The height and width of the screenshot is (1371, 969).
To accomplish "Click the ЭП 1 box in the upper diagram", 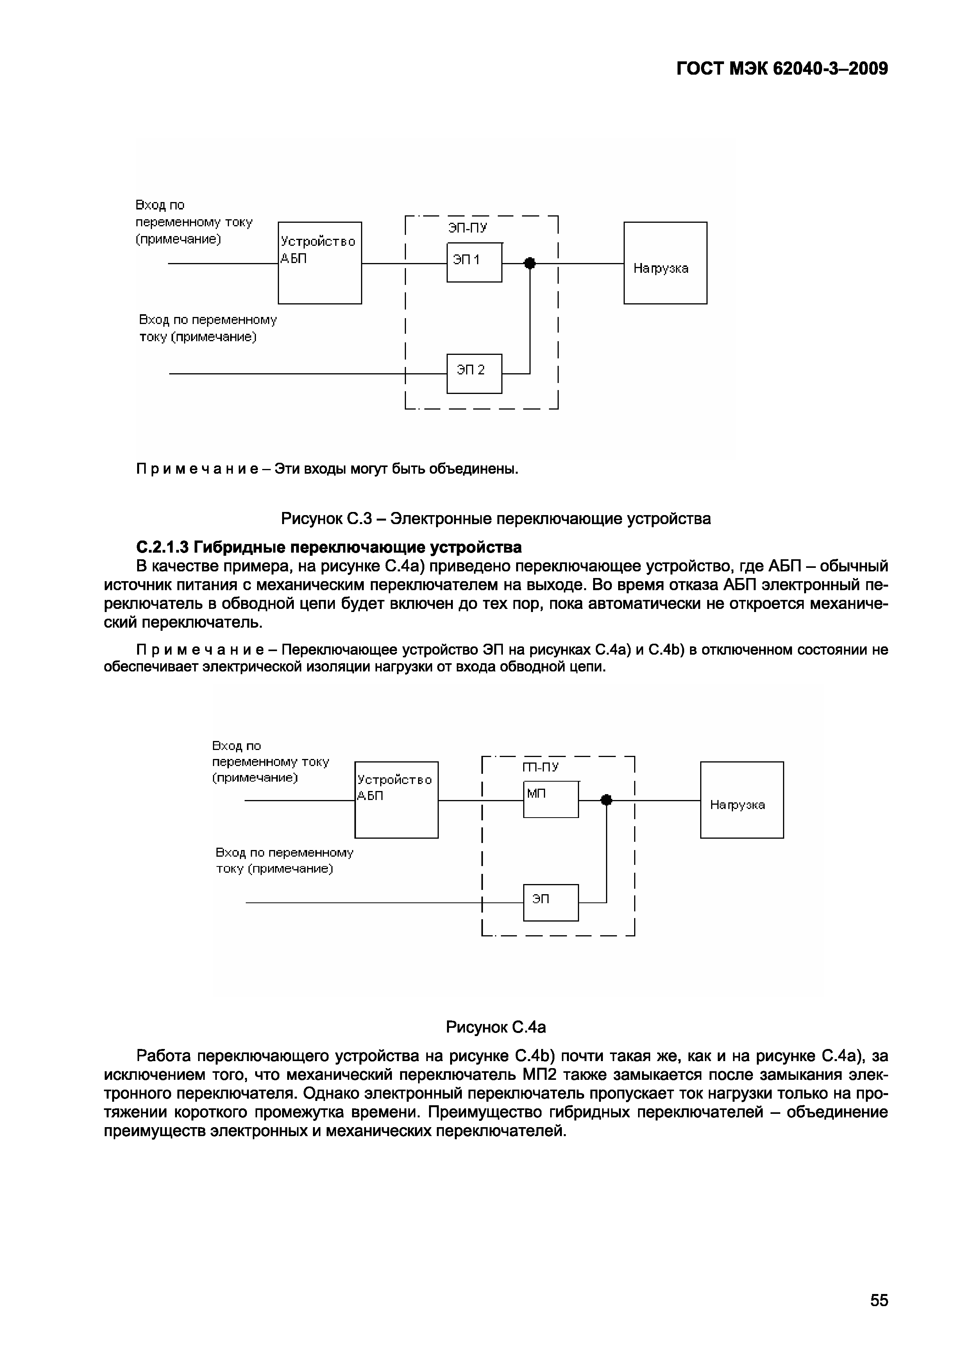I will (474, 262).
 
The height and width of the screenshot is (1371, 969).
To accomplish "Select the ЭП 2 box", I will (474, 373).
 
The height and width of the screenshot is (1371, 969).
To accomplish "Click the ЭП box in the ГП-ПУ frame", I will (551, 902).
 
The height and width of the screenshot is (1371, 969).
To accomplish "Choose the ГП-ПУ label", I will (540, 767).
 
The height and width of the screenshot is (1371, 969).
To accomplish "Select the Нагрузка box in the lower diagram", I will (742, 800).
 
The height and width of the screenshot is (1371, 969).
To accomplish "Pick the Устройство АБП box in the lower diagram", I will (396, 800).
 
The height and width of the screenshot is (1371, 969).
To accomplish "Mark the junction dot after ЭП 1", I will (529, 263).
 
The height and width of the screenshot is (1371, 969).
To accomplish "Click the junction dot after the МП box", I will (606, 800).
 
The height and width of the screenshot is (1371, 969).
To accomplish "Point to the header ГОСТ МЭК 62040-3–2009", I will (782, 69).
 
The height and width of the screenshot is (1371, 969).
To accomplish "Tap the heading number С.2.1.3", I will (163, 547).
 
